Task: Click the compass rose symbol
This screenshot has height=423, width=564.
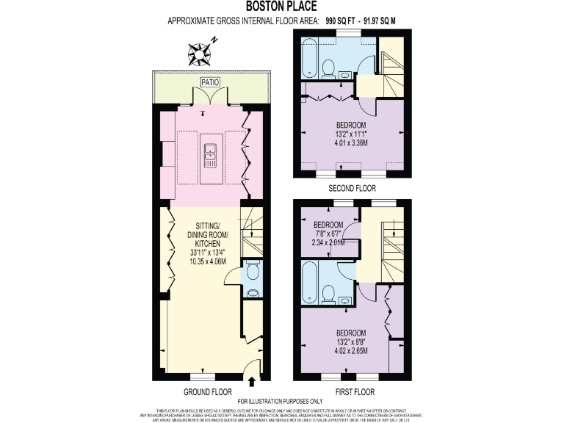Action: [200, 53]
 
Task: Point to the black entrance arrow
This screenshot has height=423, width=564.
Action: [253, 381]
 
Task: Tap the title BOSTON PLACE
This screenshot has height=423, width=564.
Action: [281, 8]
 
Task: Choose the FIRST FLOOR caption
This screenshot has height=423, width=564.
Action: [354, 392]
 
